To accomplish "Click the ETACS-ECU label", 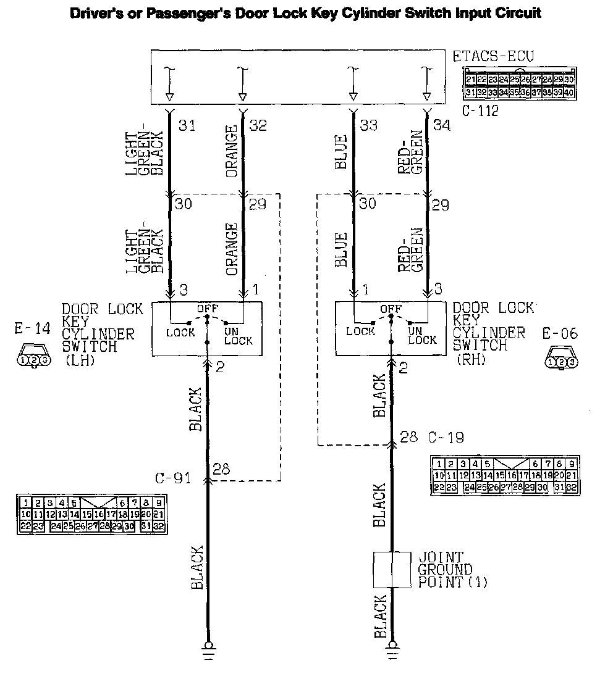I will click(493, 57).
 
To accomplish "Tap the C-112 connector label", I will click(480, 112).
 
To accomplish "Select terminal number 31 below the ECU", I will click(187, 125).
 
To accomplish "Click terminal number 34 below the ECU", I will click(442, 125).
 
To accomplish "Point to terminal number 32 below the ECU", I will click(258, 125).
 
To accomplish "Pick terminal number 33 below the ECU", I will click(368, 125).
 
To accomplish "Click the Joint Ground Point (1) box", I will click(392, 570).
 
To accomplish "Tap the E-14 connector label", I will click(32, 329).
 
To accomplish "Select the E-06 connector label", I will click(560, 334).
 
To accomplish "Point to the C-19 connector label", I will click(446, 438).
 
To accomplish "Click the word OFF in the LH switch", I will click(206, 308).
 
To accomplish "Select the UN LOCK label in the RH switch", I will click(422, 336).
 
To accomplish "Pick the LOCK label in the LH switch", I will click(180, 333).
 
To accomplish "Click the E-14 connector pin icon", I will click(32, 359).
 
